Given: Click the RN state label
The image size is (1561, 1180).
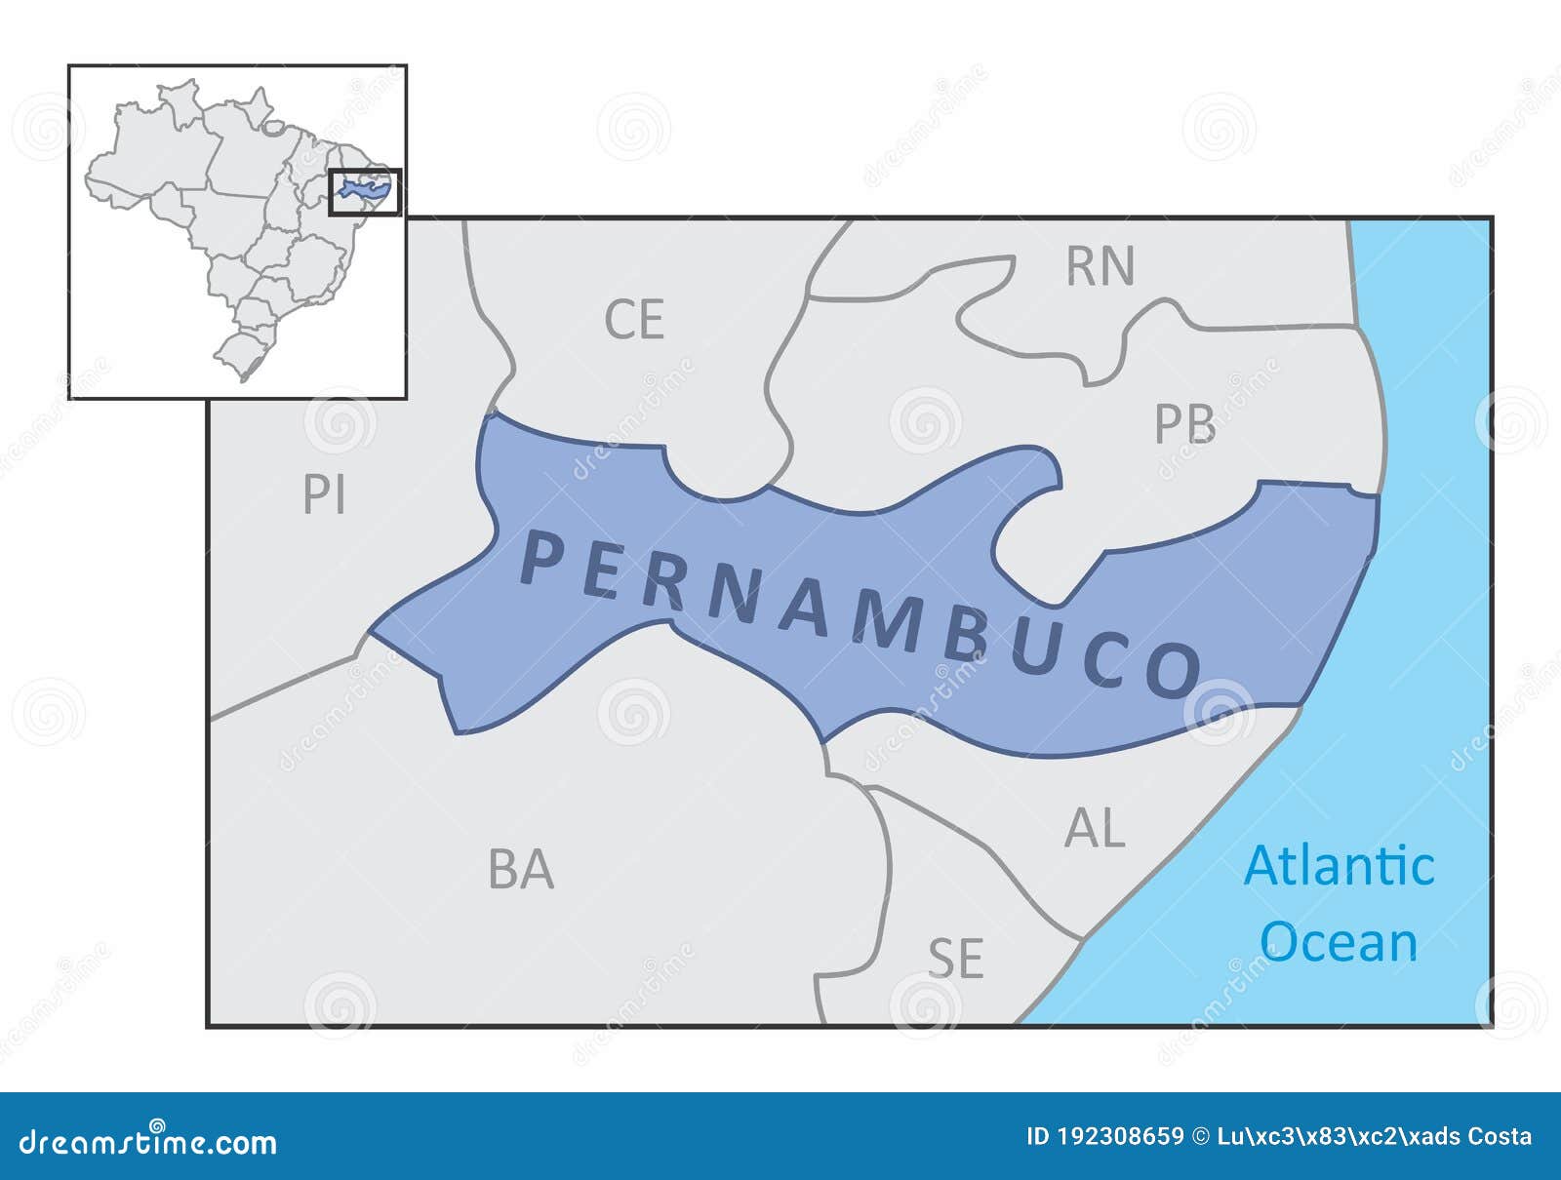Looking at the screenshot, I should pos(1101,266).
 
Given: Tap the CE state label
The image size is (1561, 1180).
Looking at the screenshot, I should pos(634,320).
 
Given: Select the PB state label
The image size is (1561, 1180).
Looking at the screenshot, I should pos(1184,424).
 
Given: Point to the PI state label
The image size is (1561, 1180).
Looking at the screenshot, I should pos(324,495).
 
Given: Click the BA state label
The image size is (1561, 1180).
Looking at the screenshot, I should pos(521,870).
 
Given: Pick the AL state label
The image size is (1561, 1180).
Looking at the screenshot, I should pos(1095,829).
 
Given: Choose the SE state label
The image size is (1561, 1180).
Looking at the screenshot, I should pos(955,959).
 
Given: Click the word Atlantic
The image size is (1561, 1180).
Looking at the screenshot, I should pos(1339,866).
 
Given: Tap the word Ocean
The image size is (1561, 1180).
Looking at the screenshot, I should pos(1339,942).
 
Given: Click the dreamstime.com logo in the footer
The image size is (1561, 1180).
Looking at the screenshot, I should pos(148,1141).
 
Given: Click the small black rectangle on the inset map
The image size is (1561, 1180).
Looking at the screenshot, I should pos(365,192).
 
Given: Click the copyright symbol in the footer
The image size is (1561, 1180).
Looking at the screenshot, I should pos(1202,1136).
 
